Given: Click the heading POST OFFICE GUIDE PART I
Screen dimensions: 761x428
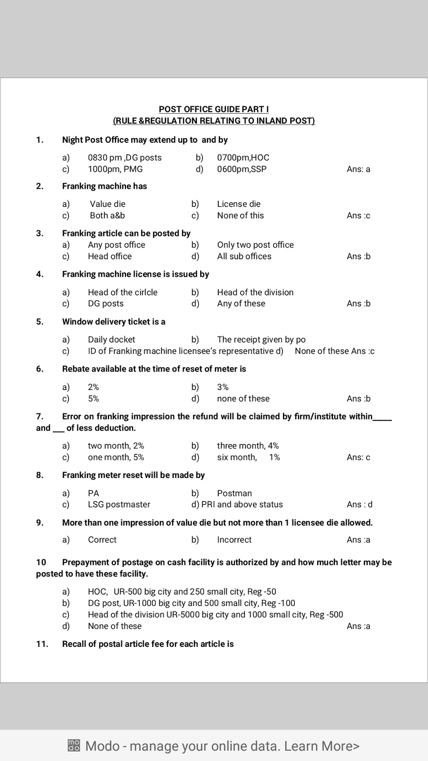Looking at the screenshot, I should (214, 109).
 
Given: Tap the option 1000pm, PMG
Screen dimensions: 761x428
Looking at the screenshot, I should (115, 169).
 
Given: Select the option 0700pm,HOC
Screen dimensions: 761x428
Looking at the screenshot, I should (243, 157).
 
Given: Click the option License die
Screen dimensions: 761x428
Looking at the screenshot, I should (239, 204).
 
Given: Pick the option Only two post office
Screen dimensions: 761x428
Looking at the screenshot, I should (255, 245).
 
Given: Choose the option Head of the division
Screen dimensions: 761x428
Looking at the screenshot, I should (255, 292).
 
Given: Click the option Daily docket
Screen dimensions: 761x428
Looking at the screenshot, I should (111, 340).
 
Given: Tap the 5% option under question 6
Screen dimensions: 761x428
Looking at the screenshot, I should (93, 399).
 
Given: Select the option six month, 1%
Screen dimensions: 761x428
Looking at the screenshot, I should (248, 457).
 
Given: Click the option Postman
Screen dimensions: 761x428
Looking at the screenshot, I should (234, 493).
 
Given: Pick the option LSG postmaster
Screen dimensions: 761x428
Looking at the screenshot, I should (119, 505).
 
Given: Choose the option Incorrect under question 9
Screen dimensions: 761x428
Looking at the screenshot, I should (234, 540).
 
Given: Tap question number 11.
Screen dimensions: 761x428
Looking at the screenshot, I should (42, 644).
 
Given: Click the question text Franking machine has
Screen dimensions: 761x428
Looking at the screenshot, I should (105, 186).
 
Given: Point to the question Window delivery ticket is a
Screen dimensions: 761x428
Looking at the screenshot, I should (114, 322).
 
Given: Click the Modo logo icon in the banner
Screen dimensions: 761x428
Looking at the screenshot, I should (74, 745).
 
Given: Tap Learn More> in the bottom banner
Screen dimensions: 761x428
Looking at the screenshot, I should (322, 746).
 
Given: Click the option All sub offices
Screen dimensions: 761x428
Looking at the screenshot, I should (244, 256).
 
